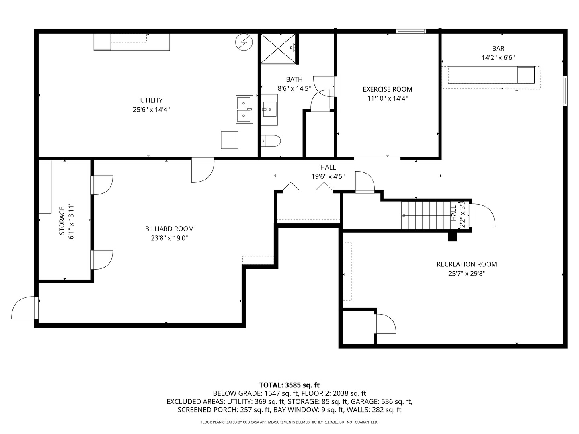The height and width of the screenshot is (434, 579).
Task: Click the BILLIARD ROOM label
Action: pos(169,229)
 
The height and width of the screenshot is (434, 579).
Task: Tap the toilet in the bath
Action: pos(271,141)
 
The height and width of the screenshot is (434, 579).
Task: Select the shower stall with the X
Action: pos(278,48)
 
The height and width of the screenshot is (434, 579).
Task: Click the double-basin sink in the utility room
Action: pos(244,109)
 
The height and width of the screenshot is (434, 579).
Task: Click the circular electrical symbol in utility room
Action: pos(243,42)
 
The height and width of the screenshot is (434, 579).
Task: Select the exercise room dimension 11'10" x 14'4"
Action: pos(387,98)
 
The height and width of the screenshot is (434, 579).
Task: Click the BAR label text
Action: pos(498,49)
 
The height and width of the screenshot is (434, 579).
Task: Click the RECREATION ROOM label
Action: pos(466,264)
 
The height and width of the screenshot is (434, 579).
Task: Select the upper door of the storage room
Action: pos(102,185)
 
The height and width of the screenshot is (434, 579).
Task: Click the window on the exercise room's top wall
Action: pos(411,31)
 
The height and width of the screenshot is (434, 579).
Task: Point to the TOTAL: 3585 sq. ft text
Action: pos(289,385)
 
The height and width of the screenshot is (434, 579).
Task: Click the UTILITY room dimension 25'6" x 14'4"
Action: pos(151,109)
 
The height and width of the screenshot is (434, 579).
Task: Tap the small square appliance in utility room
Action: pos(229,140)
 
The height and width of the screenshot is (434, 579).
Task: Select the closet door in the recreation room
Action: pos(385,324)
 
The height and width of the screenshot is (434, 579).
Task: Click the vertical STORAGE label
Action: pos(62,221)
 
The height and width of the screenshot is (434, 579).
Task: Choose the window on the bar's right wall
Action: pos(565,91)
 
